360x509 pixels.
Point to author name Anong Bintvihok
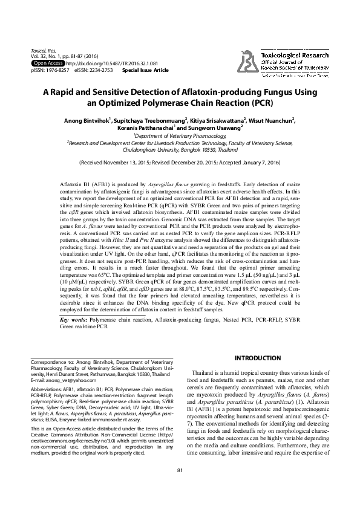point(87,120)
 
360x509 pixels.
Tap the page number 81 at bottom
point(180,487)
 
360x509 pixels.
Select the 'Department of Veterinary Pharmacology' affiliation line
point(180,136)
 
